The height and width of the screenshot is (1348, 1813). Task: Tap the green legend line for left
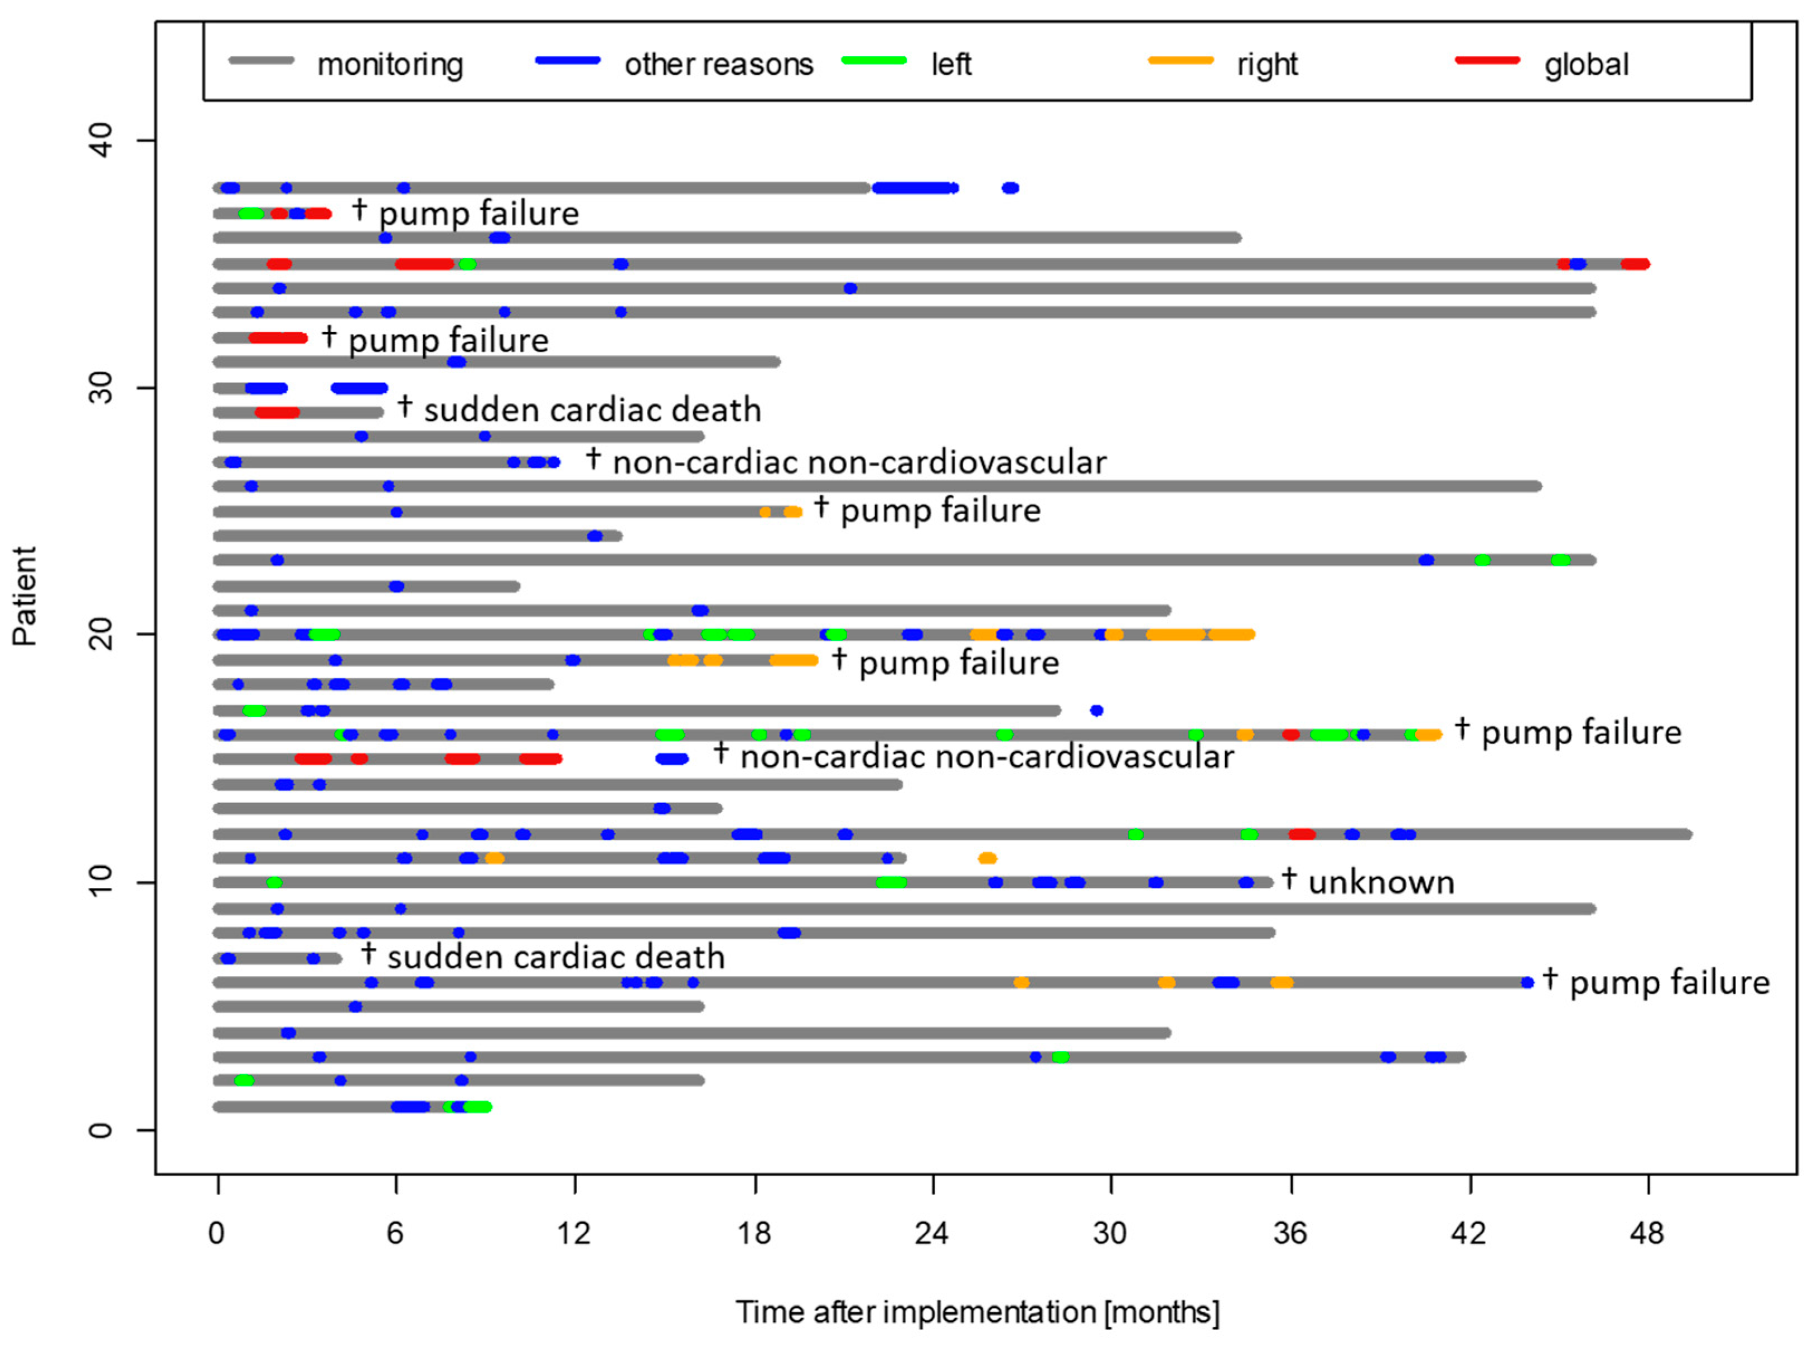[874, 60]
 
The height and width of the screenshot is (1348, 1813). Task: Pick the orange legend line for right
[1180, 60]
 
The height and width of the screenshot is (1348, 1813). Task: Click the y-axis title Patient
[25, 596]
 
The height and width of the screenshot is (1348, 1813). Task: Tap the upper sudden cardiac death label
[592, 409]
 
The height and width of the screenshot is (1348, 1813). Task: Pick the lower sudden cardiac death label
[555, 956]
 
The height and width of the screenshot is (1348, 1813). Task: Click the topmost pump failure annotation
[478, 213]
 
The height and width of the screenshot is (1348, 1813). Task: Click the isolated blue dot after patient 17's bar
[1096, 710]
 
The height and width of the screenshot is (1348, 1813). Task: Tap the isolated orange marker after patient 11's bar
[987, 858]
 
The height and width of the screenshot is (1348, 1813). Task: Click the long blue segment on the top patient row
[912, 188]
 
